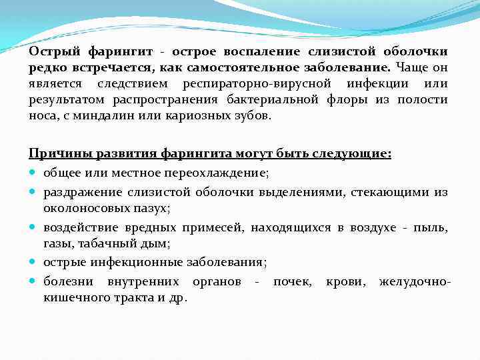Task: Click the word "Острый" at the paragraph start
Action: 51,51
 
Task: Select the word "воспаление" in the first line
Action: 266,51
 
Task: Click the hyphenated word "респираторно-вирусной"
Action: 257,83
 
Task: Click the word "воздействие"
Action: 75,228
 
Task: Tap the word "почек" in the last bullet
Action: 291,282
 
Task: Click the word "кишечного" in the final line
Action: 70,298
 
